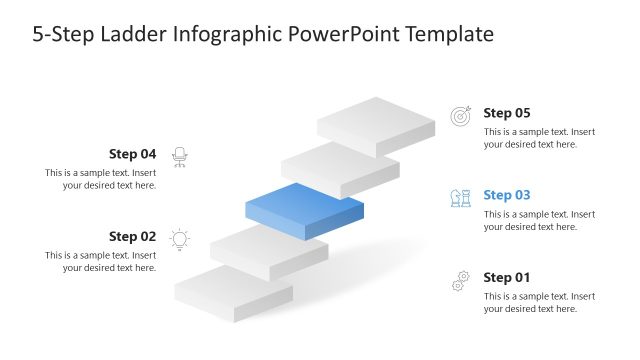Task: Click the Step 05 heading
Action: (506, 113)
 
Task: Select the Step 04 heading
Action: (132, 154)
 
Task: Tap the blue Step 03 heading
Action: (506, 195)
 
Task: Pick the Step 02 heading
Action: (132, 237)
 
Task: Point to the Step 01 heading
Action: (506, 277)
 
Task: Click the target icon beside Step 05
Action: (460, 116)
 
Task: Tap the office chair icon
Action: (180, 156)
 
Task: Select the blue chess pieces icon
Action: (460, 198)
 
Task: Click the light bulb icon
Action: (180, 238)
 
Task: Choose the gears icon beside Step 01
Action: (460, 280)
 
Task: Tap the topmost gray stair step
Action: (376, 122)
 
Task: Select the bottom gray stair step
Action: (233, 292)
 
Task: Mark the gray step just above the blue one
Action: (340, 164)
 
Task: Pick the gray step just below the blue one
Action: (269, 250)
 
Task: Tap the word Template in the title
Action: (448, 35)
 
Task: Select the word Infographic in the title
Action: (222, 35)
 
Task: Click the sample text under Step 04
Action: (100, 179)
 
